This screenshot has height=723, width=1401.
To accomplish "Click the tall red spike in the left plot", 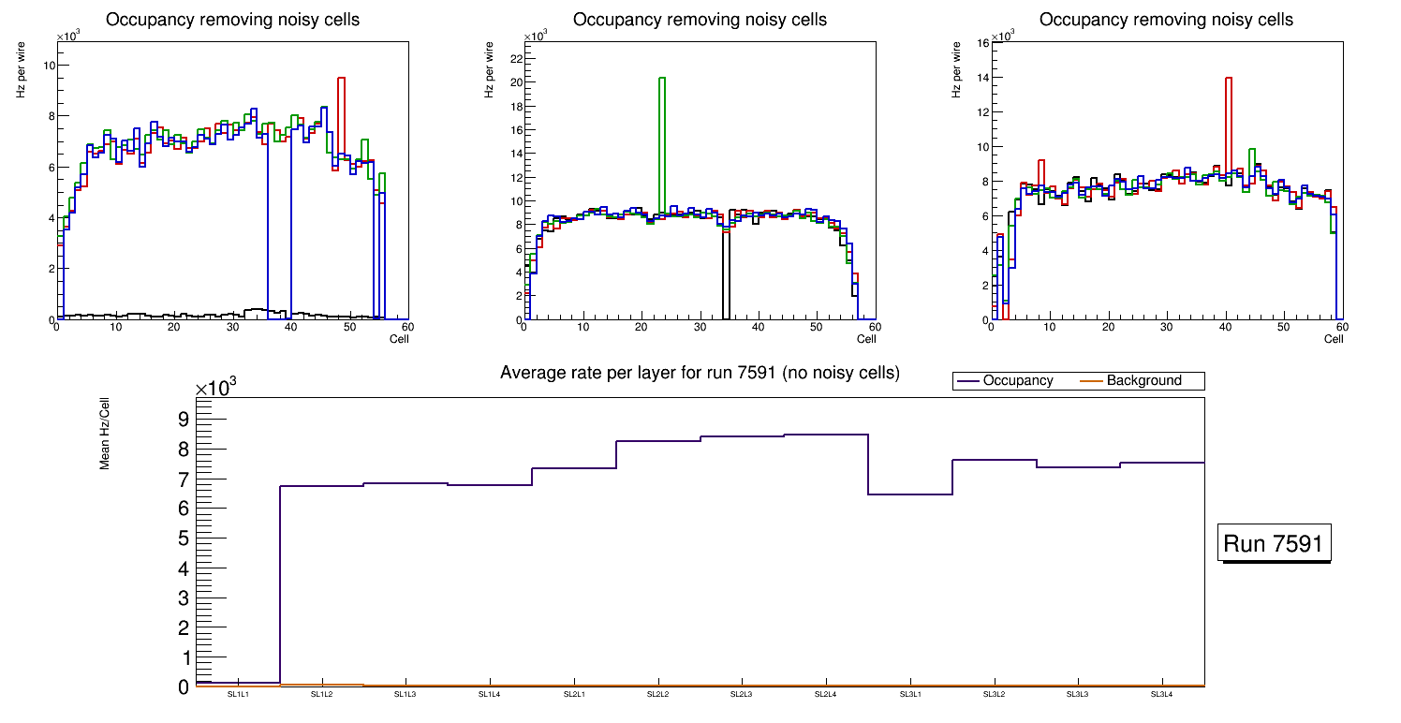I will [x=341, y=112].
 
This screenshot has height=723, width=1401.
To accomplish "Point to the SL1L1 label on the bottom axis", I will [x=238, y=695].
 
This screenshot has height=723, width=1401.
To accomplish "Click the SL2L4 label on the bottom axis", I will [x=826, y=695].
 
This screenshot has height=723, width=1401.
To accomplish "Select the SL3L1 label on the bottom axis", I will [x=910, y=695].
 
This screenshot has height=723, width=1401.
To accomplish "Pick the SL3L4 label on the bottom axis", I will [x=1162, y=695].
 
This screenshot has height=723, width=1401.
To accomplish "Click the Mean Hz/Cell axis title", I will [x=106, y=433].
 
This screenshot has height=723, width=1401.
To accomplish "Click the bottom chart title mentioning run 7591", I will [x=700, y=373].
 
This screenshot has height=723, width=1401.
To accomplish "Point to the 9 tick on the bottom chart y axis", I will [x=183, y=419].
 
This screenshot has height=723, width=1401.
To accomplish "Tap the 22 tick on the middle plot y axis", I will [x=513, y=58].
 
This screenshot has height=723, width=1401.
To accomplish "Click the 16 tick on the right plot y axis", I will [x=981, y=42].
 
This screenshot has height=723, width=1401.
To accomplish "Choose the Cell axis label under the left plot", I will [x=399, y=339].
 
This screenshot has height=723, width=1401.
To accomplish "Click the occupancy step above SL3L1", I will [x=910, y=494].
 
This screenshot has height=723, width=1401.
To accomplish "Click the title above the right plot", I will [x=1166, y=20].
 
